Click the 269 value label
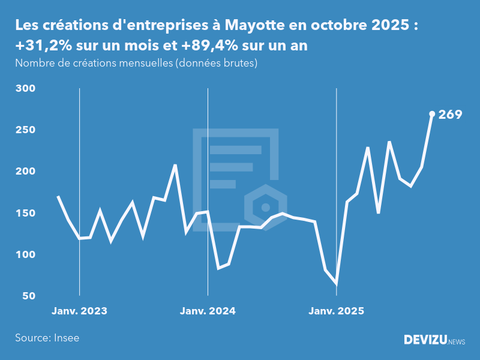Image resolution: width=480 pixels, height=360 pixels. pos(450,114)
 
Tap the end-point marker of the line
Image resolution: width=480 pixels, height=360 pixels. pos(432,113)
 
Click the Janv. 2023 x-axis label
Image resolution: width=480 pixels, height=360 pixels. pos(79,311)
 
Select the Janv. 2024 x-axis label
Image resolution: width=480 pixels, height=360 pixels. pos(208,311)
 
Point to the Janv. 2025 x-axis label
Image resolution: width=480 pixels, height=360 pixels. pos(336,311)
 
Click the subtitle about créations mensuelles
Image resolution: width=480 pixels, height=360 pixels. pos(136,63)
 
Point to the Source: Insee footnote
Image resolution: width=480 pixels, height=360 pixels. pos(47,338)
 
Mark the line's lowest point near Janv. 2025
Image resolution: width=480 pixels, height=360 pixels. pos(336,283)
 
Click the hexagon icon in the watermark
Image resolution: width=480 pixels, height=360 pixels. pos(265,208)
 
